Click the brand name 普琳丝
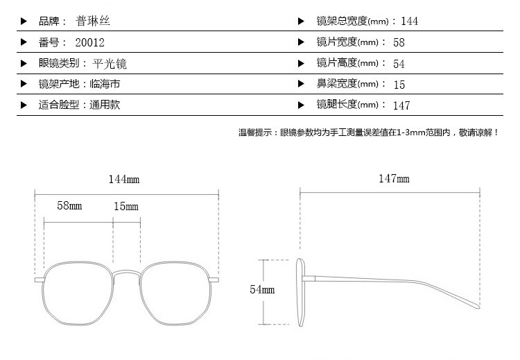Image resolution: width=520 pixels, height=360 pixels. click(x=92, y=22)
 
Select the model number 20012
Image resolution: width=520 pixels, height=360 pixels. click(x=89, y=42)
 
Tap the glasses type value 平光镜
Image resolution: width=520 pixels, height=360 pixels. click(x=110, y=63)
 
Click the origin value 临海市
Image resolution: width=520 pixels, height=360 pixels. click(x=105, y=84)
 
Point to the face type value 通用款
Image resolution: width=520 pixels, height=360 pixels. click(x=105, y=105)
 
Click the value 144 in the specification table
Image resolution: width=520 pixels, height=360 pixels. click(x=409, y=22)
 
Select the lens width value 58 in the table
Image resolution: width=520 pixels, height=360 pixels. click(x=399, y=42)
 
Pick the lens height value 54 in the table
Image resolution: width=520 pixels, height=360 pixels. click(x=399, y=64)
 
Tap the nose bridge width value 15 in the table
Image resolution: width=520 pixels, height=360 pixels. click(x=399, y=85)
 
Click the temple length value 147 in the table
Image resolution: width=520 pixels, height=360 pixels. click(x=401, y=105)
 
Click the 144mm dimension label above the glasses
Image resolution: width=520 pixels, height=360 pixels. click(x=124, y=179)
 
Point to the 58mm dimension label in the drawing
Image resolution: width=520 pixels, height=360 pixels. click(x=69, y=205)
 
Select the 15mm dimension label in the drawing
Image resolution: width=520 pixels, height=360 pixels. click(x=126, y=207)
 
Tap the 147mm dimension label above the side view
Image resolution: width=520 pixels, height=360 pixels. click(x=394, y=178)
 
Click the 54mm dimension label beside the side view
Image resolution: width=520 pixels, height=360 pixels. click(x=262, y=289)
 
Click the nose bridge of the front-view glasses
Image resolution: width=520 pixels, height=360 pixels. click(x=127, y=273)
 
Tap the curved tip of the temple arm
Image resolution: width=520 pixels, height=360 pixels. click(x=478, y=306)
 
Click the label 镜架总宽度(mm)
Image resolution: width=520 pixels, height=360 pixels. click(x=352, y=22)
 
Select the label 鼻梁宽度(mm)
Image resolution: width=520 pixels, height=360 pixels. click(x=347, y=84)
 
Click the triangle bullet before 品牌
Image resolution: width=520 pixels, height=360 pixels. click(x=24, y=22)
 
